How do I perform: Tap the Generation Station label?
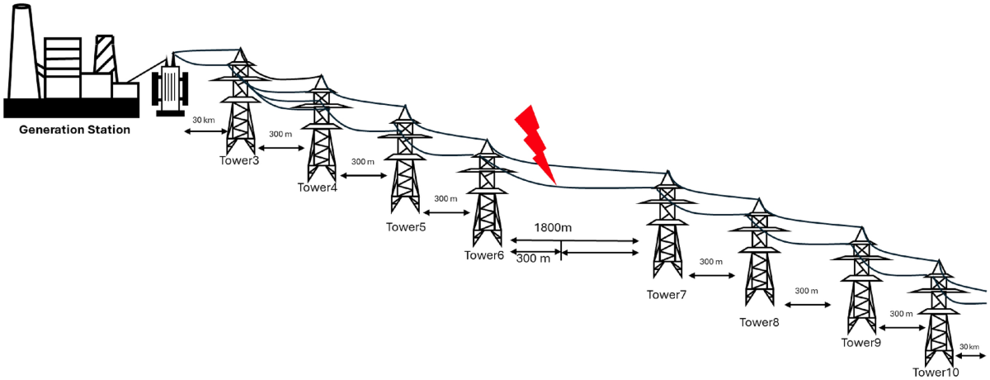click(x=75, y=130)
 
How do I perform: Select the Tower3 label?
click(x=239, y=159)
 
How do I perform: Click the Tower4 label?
click(x=318, y=188)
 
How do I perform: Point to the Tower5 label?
click(x=406, y=226)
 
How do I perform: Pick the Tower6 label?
click(x=483, y=254)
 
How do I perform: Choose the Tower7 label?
click(x=667, y=294)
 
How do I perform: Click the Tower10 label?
click(x=936, y=373)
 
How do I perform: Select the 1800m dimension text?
click(x=554, y=227)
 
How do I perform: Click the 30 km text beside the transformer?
click(x=204, y=121)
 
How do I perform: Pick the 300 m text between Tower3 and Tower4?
click(x=281, y=134)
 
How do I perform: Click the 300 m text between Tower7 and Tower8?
click(x=711, y=262)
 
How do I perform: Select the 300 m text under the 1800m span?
click(x=533, y=259)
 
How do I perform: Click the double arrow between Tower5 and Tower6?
click(x=444, y=213)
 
